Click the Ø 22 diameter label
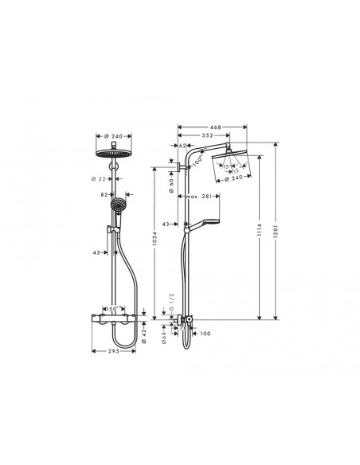click(x=102, y=179)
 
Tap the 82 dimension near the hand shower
click(x=104, y=193)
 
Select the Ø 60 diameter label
click(x=170, y=182)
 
